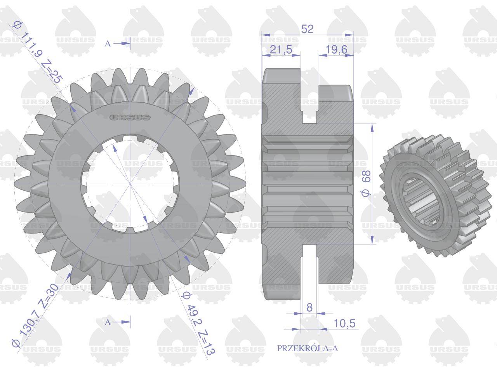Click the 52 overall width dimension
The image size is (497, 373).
point(307,29)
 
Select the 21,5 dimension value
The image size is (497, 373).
point(281,49)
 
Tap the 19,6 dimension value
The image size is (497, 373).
point(336,49)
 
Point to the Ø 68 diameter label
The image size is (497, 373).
point(366,183)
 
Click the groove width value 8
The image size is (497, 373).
point(309,308)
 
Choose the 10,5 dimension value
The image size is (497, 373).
point(344,323)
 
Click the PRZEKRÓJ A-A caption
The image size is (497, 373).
point(307,348)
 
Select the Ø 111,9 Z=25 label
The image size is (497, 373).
point(37,52)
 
